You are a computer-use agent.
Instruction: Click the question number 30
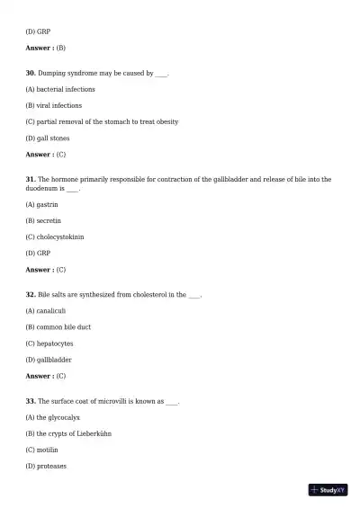31,73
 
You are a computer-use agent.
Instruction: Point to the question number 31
31,179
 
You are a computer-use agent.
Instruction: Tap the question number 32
31,294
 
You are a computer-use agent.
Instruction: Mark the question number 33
31,401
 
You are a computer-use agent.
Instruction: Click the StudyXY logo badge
328,490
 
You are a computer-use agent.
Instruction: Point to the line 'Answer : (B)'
45,48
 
